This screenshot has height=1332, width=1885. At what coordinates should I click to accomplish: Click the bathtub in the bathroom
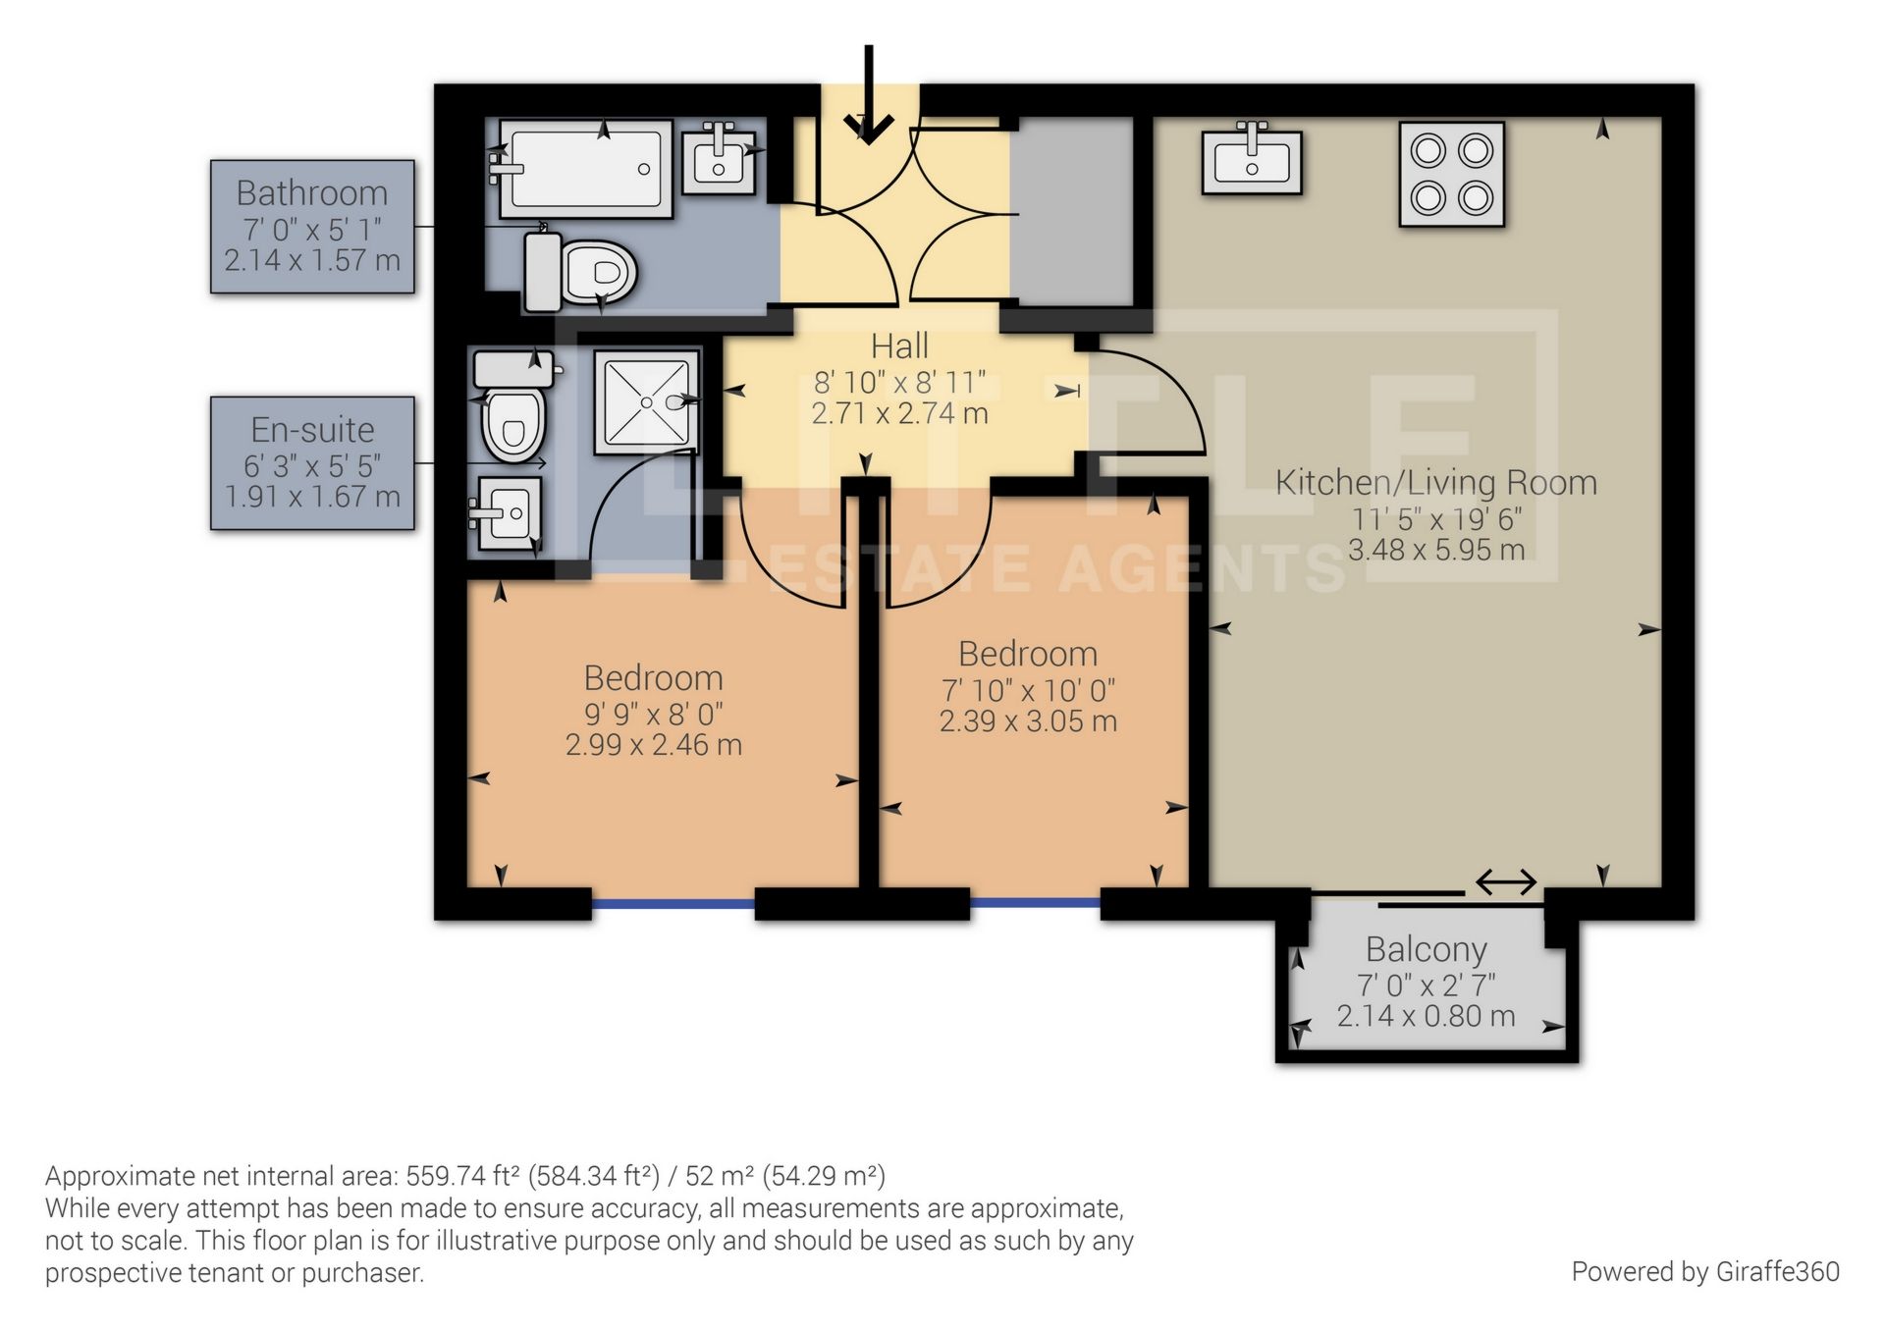[x=586, y=168]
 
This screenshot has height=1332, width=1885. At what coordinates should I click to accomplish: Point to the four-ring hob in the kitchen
[x=1451, y=175]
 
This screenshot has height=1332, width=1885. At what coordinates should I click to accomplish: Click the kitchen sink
[x=1252, y=160]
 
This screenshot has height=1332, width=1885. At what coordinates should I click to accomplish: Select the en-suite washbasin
[x=508, y=513]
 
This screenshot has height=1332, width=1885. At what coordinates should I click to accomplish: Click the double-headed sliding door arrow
[x=1506, y=881]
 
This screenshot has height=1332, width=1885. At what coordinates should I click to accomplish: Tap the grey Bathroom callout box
[x=312, y=227]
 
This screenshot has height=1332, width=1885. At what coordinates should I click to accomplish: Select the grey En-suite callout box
[x=312, y=463]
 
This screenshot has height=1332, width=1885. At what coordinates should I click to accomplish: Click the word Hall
[x=899, y=346]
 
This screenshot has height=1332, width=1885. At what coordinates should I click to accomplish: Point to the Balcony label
[x=1426, y=950]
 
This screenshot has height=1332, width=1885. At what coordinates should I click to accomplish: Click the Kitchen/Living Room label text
[x=1435, y=483]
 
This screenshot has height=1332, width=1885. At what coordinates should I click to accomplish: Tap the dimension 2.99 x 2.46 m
[x=653, y=745]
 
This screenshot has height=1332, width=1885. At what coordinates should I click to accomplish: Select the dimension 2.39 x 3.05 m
[x=1028, y=721]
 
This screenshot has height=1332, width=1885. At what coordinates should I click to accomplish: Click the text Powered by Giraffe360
[x=1704, y=1272]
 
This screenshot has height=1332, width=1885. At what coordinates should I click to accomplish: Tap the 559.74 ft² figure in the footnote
[x=463, y=1176]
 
